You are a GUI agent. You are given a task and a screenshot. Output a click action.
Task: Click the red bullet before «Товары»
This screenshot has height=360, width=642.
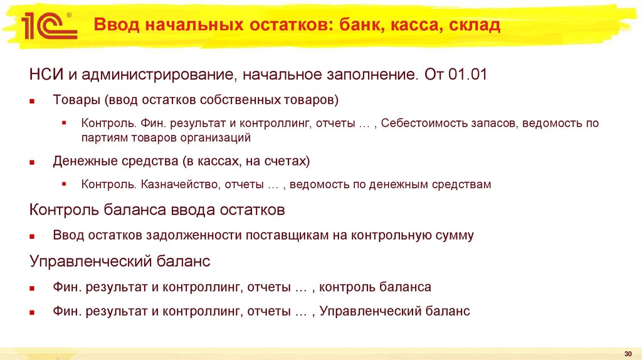pyautogui.click(x=33, y=100)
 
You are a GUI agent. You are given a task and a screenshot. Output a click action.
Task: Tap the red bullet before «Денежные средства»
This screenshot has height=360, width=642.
pyautogui.click(x=33, y=162)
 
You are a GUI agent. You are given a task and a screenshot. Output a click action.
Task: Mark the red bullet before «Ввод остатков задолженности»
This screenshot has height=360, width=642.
pyautogui.click(x=33, y=236)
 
